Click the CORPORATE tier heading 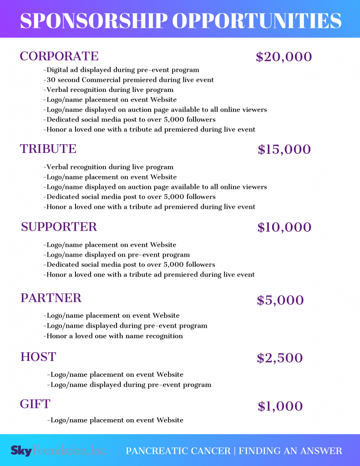click(59, 56)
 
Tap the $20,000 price click(284, 57)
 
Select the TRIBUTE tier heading click(48, 149)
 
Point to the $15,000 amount click(284, 150)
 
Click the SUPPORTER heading click(59, 227)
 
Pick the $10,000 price click(284, 227)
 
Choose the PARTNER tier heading click(51, 298)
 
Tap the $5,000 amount click(280, 300)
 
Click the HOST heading click(38, 357)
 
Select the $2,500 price click(279, 358)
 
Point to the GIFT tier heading click(35, 404)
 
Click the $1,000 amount click(280, 406)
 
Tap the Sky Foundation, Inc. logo click(59, 451)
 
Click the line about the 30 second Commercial click(129, 80)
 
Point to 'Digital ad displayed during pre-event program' click(122, 70)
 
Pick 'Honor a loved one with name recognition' click(113, 336)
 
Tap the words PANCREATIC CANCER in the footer click(178, 451)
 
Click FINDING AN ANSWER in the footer click(290, 451)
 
